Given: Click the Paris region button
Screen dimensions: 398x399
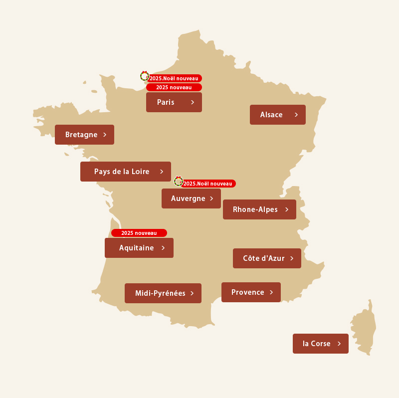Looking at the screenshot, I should pyautogui.click(x=174, y=102).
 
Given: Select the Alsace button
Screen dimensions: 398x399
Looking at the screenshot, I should pyautogui.click(x=277, y=115).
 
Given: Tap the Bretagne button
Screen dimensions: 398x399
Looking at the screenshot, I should pyautogui.click(x=84, y=135).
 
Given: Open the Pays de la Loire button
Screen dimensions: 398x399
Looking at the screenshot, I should pyautogui.click(x=125, y=172).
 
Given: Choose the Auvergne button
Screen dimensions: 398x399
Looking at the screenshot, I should pyautogui.click(x=191, y=199).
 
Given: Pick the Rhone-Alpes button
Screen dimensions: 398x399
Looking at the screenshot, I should pyautogui.click(x=259, y=209).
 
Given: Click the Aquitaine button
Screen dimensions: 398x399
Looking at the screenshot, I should pyautogui.click(x=139, y=248).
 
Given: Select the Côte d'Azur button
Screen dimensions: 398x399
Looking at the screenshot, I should pyautogui.click(x=267, y=258).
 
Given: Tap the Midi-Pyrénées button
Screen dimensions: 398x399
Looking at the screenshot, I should pyautogui.click(x=163, y=293).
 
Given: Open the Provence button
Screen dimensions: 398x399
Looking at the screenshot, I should pyautogui.click(x=251, y=292).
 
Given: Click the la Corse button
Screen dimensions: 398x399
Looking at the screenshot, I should pyautogui.click(x=320, y=344).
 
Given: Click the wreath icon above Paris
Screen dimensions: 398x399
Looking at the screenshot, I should pyautogui.click(x=144, y=76).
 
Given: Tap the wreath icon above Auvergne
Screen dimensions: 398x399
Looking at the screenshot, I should pyautogui.click(x=178, y=181).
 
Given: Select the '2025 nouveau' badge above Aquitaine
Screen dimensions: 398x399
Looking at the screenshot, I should pyautogui.click(x=139, y=233).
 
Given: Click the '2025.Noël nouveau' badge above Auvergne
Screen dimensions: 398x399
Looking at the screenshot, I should pyautogui.click(x=208, y=184).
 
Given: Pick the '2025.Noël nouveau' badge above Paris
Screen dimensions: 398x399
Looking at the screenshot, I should pyautogui.click(x=175, y=78).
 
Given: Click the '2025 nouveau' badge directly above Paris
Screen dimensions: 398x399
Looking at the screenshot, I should pyautogui.click(x=174, y=87).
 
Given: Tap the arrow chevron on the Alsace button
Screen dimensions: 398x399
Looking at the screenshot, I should pyautogui.click(x=296, y=115).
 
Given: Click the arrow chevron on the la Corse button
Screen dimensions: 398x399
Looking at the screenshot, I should pyautogui.click(x=339, y=344).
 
